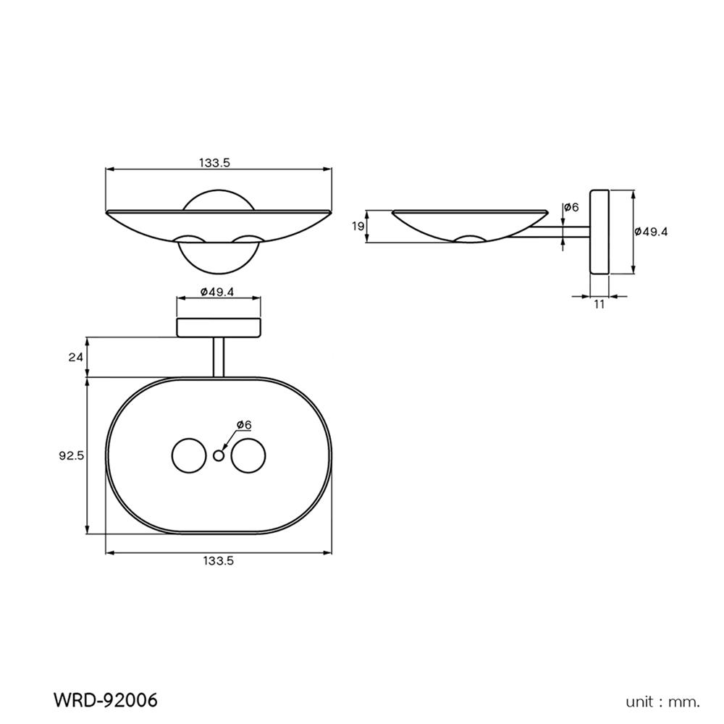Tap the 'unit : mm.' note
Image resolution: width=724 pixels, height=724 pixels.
pyautogui.click(x=663, y=701)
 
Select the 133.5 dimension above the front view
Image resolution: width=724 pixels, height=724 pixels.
pyautogui.click(x=214, y=164)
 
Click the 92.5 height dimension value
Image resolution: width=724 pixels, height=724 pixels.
pyautogui.click(x=72, y=455)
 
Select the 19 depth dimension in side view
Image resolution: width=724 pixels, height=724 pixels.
pyautogui.click(x=358, y=227)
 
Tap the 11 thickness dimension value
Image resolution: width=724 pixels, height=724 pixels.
pyautogui.click(x=599, y=304)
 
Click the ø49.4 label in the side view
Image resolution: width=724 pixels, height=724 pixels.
pyautogui.click(x=650, y=232)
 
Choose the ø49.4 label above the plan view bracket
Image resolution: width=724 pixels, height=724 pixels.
pyautogui.click(x=219, y=292)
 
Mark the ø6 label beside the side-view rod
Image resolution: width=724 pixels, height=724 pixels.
pyautogui.click(x=571, y=208)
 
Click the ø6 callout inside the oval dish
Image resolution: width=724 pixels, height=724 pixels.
pyautogui.click(x=243, y=424)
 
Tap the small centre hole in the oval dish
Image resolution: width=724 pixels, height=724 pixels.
pyautogui.click(x=219, y=455)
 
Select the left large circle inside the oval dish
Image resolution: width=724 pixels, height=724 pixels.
pyautogui.click(x=188, y=455)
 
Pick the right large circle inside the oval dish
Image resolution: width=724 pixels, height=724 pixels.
pyautogui.click(x=248, y=455)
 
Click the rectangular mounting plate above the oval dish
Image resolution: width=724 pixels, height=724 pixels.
pyautogui.click(x=219, y=327)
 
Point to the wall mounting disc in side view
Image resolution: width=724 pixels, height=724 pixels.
pyautogui.click(x=600, y=232)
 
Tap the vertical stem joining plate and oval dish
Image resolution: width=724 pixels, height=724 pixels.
pyautogui.click(x=219, y=357)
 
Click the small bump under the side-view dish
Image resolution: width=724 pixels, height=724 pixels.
pyautogui.click(x=469, y=239)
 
